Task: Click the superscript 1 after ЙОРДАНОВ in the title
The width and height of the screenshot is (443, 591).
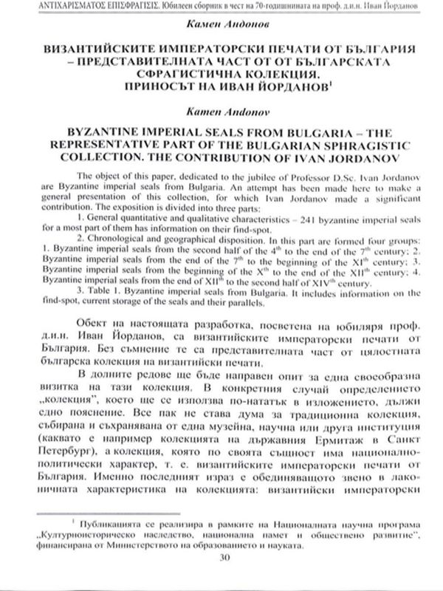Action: pos(324,83)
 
